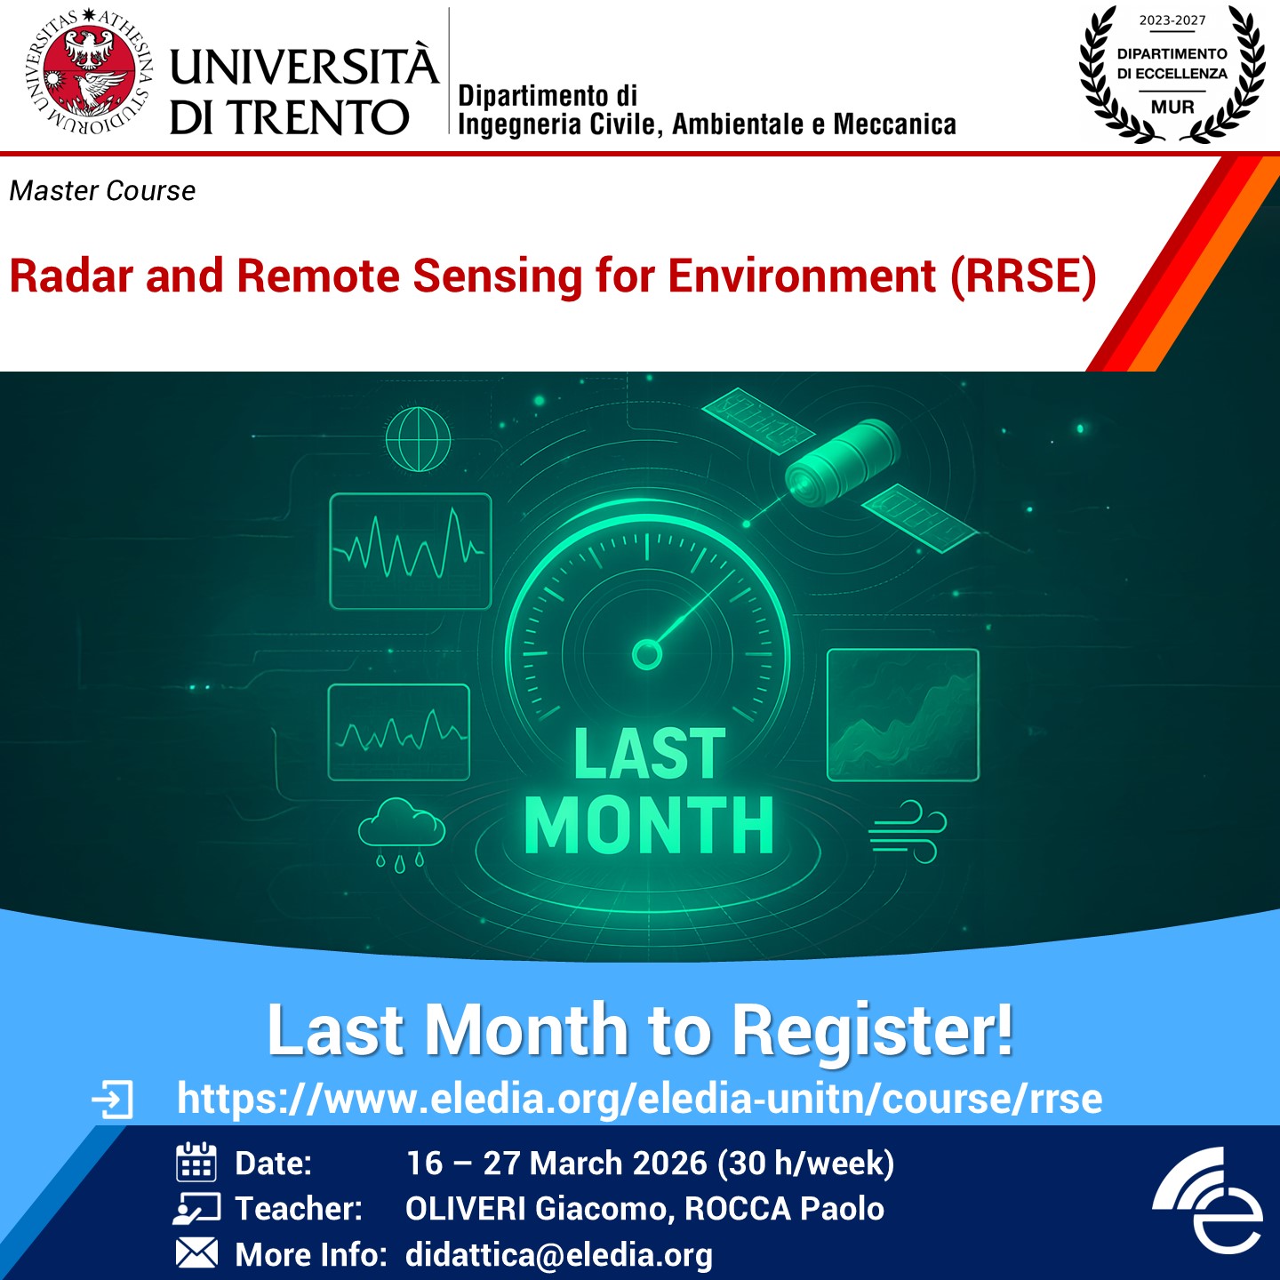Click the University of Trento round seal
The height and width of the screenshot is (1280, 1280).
tap(88, 72)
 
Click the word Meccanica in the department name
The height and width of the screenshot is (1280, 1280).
tap(895, 124)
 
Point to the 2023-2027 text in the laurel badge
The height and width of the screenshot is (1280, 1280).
tap(1172, 20)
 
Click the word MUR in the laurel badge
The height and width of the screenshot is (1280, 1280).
tap(1172, 107)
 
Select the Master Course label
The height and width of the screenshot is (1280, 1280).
tap(102, 191)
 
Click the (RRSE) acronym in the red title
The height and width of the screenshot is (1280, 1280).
tap(1023, 276)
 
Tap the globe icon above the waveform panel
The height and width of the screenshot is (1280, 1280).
tap(418, 439)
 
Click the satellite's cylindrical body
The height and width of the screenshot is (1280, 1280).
tap(842, 459)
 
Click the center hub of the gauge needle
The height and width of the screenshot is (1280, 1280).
tap(647, 655)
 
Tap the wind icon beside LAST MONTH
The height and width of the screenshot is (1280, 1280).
tap(908, 832)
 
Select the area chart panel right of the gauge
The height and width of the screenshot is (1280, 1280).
tap(903, 715)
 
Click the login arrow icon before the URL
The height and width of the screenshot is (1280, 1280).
tap(112, 1100)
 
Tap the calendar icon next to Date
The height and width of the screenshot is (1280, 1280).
tap(196, 1162)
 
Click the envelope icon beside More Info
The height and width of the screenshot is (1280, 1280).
tap(196, 1252)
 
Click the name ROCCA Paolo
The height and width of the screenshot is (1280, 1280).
tap(784, 1208)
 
